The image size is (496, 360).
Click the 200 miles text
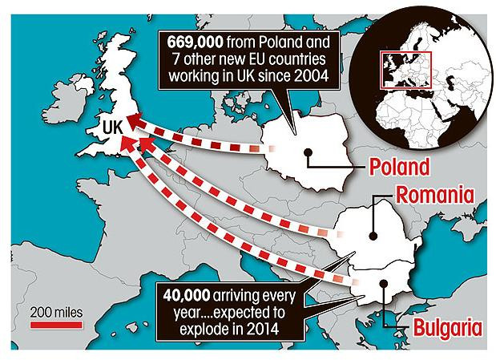56,311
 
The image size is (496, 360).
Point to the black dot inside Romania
373,236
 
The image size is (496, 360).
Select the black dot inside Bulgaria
381,282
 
